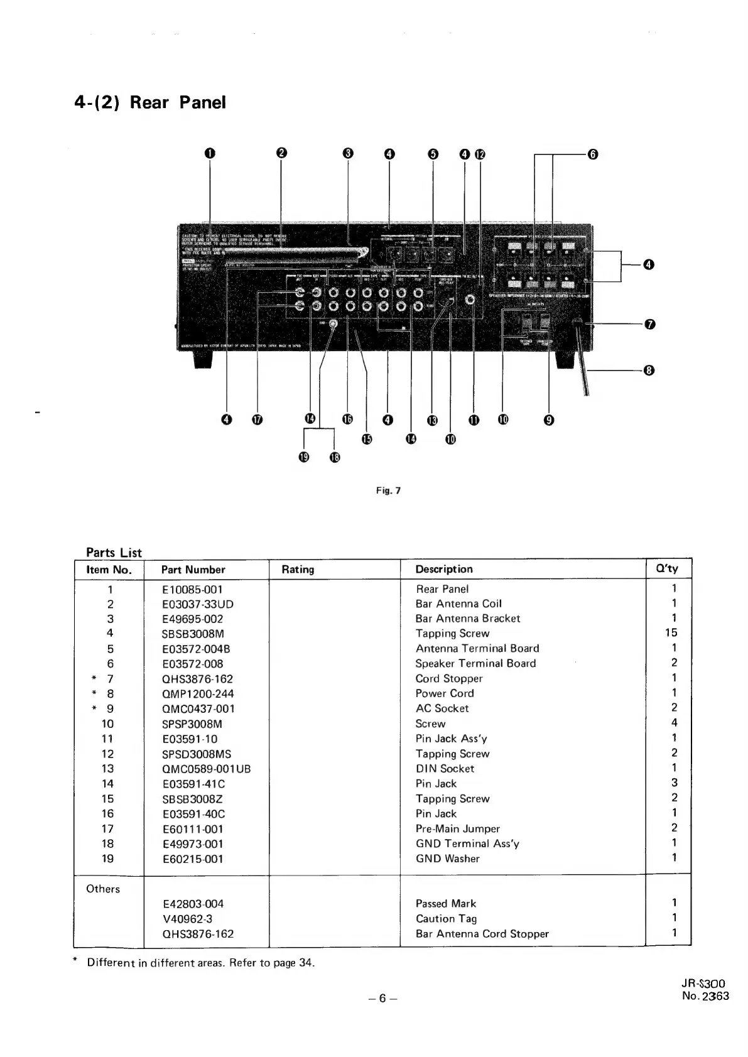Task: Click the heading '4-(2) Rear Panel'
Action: [x=149, y=102]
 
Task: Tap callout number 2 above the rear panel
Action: [x=281, y=153]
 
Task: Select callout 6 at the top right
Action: [x=592, y=154]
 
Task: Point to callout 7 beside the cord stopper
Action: [x=650, y=324]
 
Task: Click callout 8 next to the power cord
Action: [x=650, y=370]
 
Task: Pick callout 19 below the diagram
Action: [x=305, y=457]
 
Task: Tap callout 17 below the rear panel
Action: [x=257, y=420]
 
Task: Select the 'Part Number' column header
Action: [x=193, y=570]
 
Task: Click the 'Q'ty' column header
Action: [x=667, y=569]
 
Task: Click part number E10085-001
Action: [x=192, y=589]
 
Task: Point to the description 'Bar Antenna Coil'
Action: [x=458, y=604]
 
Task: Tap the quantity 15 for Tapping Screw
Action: [x=671, y=633]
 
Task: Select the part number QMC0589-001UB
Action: [x=206, y=769]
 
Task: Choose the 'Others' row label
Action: [x=103, y=889]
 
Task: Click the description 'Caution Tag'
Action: [x=446, y=918]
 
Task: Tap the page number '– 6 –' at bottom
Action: [x=381, y=999]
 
